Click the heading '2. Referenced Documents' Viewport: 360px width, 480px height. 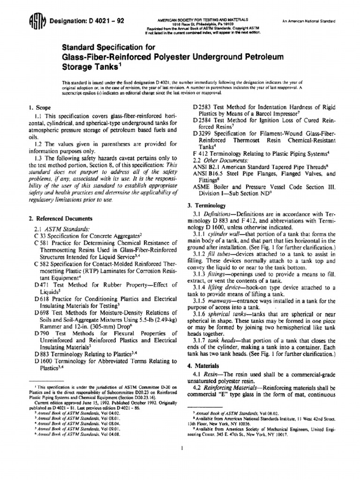60,218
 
